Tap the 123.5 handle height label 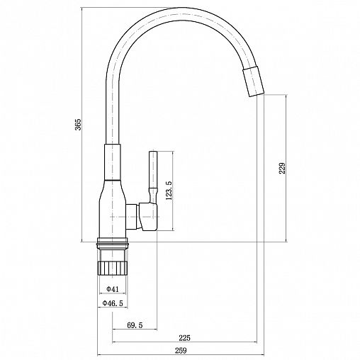[168, 192]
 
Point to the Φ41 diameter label [111, 289]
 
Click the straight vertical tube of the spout [113, 106]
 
